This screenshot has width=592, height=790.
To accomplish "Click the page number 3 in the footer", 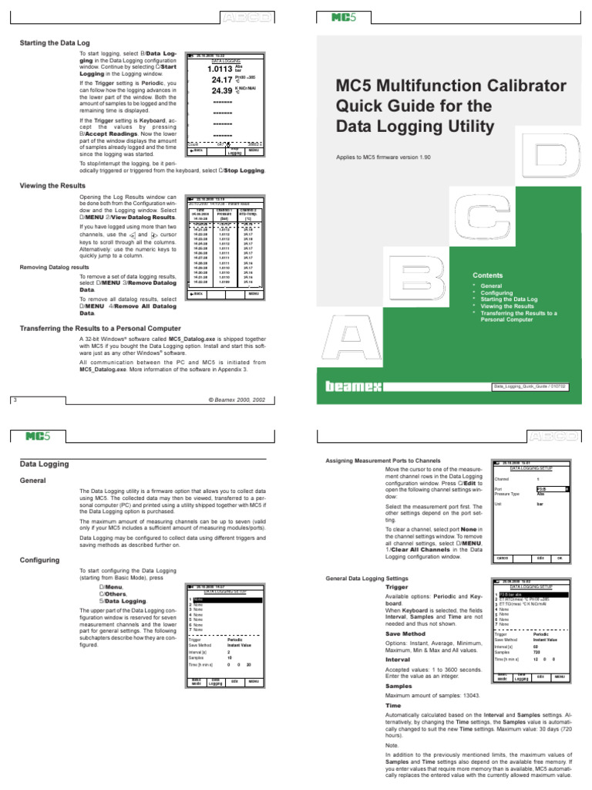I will pos(15,400).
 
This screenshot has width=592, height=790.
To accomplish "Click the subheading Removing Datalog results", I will pos(54,267).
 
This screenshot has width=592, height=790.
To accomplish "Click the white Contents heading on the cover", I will pos(487,275).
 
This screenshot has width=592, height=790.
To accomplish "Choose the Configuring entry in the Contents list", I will pos(496,293).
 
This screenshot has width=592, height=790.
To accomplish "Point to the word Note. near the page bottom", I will pos(392,745).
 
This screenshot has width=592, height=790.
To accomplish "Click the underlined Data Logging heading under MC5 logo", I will pos(44,464).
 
